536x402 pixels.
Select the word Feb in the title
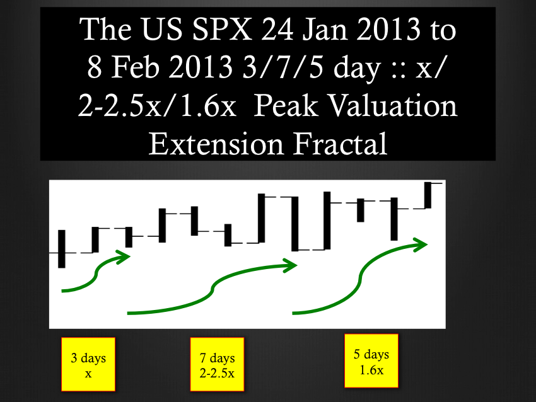point(136,67)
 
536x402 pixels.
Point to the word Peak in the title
point(286,105)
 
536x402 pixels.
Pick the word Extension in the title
point(216,144)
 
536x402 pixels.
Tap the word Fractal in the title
point(340,144)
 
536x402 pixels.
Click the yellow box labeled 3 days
point(88,364)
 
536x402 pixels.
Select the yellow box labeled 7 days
point(217,364)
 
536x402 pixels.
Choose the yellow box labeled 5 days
point(371,360)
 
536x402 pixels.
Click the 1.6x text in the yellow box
point(371,370)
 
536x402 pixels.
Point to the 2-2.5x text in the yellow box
point(217,373)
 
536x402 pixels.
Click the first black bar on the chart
point(62,249)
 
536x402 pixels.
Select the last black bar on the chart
point(428,195)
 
